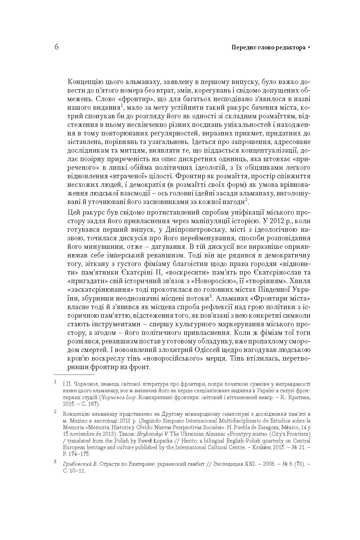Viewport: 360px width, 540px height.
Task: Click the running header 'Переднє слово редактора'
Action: [x=268, y=48]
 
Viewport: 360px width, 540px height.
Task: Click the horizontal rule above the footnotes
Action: [x=74, y=374]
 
